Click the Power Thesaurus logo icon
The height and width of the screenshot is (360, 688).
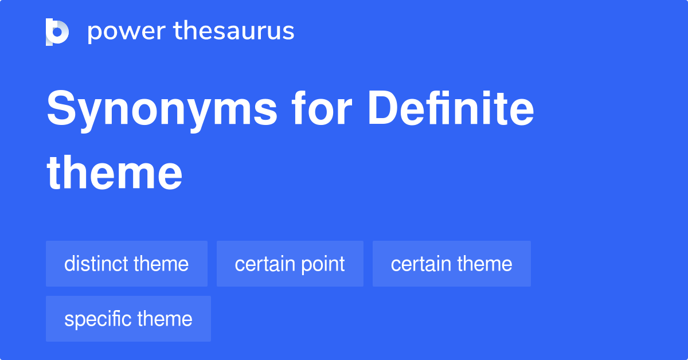pos(57,32)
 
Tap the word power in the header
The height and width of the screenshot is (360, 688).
pos(127,32)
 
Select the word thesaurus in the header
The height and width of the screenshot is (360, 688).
pos(234,30)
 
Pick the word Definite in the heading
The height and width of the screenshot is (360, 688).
pos(451,108)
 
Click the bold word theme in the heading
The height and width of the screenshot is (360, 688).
pos(115,173)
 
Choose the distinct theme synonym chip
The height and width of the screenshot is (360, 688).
pos(127,264)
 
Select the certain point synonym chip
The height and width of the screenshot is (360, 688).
pos(290,264)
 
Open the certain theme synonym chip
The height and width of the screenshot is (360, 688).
pos(452,264)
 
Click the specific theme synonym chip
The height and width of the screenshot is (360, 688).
pos(128,319)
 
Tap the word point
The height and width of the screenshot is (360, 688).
pos(323,265)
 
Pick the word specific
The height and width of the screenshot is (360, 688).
pos(98,319)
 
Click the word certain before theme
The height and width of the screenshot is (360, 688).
pos(421,264)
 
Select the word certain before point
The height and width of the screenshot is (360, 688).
pos(265,264)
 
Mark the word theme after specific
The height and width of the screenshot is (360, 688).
pos(165,319)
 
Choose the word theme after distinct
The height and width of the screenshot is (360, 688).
pos(161,264)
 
